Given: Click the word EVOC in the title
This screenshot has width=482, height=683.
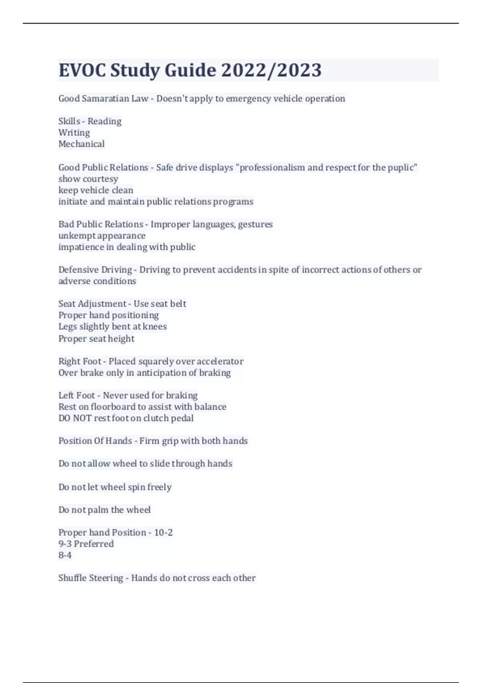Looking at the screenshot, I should (82, 70).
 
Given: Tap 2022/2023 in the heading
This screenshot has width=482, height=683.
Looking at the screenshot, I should (271, 70).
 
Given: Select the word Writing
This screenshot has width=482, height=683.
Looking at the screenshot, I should (74, 133).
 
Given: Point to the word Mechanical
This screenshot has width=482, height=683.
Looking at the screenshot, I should (82, 144).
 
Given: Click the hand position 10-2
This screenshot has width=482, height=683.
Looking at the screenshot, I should (163, 533).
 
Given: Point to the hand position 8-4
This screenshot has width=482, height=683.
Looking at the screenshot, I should (65, 555).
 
